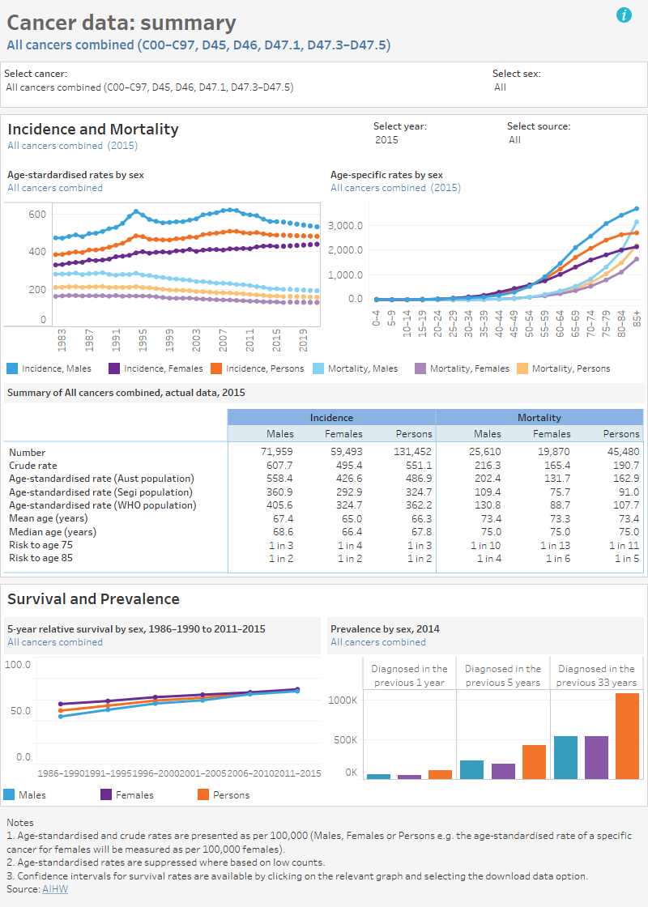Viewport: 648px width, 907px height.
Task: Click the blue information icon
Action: [624, 15]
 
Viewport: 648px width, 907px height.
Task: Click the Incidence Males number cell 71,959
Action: [275, 453]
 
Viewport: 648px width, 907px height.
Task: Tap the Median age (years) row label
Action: [53, 532]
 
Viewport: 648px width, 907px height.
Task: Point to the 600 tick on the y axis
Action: [37, 214]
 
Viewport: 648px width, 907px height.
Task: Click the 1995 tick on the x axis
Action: [143, 339]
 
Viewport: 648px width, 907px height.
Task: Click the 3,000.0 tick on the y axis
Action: [345, 224]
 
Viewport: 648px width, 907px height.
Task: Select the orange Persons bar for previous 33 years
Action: [627, 735]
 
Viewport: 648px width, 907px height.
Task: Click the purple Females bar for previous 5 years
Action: [503, 770]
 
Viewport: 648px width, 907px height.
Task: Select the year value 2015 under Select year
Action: [386, 140]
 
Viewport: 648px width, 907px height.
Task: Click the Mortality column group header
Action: [539, 418]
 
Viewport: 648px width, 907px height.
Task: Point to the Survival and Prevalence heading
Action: [93, 599]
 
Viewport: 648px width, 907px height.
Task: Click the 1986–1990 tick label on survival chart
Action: [61, 773]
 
